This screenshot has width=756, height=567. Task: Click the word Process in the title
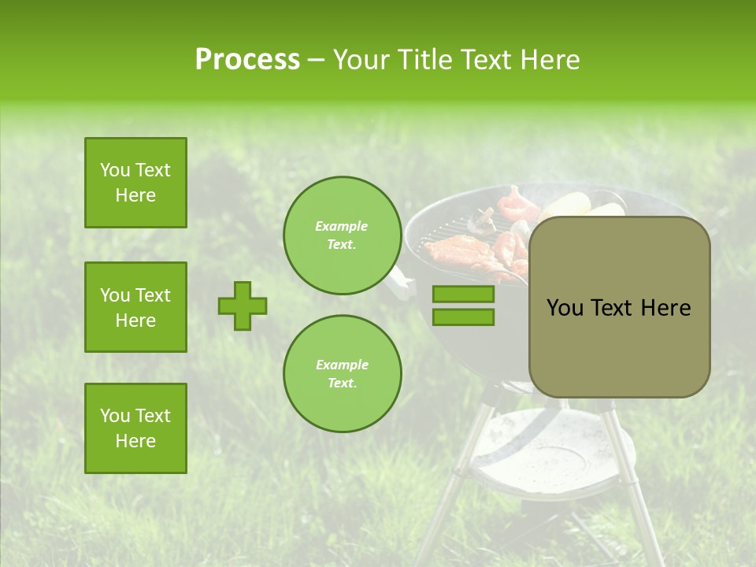(247, 60)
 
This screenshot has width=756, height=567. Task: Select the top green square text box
(135, 183)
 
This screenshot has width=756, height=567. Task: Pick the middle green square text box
(135, 307)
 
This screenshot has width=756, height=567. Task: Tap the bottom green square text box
(135, 428)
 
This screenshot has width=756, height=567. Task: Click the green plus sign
(243, 306)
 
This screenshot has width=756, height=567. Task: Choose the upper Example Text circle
(342, 235)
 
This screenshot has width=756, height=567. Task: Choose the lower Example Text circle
(342, 374)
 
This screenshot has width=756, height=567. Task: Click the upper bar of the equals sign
(463, 295)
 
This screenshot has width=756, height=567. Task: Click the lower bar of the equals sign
(463, 317)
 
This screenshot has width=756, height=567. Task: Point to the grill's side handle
(404, 283)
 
